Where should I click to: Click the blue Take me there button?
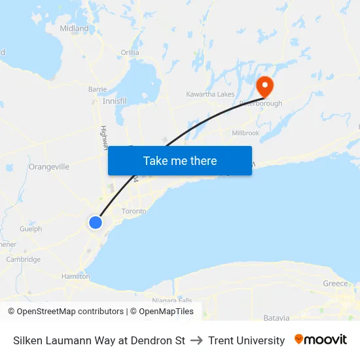(180, 160)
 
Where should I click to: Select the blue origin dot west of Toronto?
(96, 223)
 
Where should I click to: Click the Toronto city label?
(134, 211)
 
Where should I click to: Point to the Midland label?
(74, 29)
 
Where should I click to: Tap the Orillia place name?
(130, 52)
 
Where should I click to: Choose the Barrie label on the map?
(98, 89)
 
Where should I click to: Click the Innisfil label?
(115, 101)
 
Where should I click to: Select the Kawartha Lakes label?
(210, 94)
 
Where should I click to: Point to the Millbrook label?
(245, 133)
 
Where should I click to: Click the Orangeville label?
(49, 167)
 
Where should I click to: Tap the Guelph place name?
(31, 229)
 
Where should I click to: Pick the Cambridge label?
(24, 259)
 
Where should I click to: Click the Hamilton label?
(75, 277)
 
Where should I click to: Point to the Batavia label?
(276, 318)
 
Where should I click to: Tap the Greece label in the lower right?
(335, 283)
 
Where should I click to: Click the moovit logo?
(320, 340)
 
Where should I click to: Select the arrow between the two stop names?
(196, 340)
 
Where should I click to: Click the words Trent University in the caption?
(247, 340)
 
